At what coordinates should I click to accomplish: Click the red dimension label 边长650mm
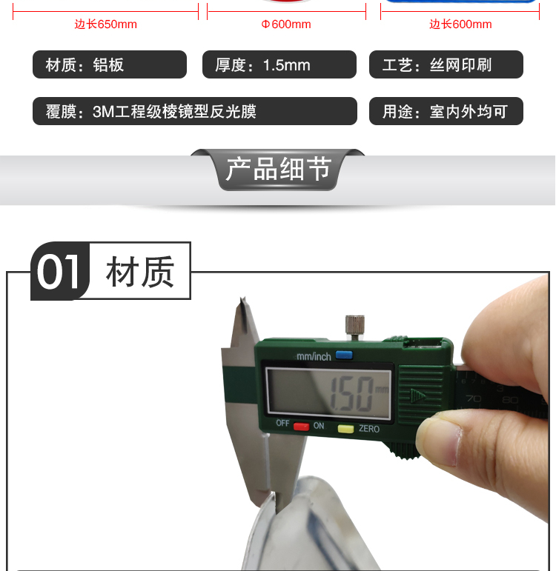106,24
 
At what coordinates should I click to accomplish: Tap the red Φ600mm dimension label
286,24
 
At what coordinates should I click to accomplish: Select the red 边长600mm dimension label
460,24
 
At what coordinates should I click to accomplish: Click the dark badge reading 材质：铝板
110,64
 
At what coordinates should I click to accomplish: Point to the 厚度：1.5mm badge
279,64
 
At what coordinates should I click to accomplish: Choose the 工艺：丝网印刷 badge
446,64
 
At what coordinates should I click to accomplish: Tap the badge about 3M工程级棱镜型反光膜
195,111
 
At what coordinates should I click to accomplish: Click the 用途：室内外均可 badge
446,111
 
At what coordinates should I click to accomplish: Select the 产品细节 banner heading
278,169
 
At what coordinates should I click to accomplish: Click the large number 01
59,272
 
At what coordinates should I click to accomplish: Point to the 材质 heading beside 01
140,272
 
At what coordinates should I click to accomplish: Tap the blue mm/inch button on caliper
344,355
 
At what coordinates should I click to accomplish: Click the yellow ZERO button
345,429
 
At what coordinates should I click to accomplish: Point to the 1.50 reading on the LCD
352,394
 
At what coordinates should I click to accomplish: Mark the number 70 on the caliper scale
474,398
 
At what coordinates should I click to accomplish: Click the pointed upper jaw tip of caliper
242,298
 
